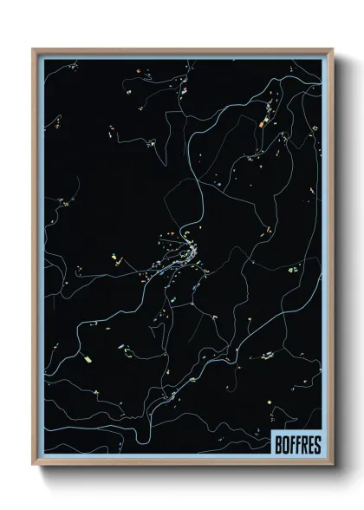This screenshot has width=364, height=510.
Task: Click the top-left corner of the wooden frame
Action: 34,49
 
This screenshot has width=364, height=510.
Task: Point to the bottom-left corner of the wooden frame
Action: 34,467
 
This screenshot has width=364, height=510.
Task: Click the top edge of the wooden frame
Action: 182,49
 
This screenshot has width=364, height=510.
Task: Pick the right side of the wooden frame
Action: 330,260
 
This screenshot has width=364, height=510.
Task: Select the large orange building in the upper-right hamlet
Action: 259,126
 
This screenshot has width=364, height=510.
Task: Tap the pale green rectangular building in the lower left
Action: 87,356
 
